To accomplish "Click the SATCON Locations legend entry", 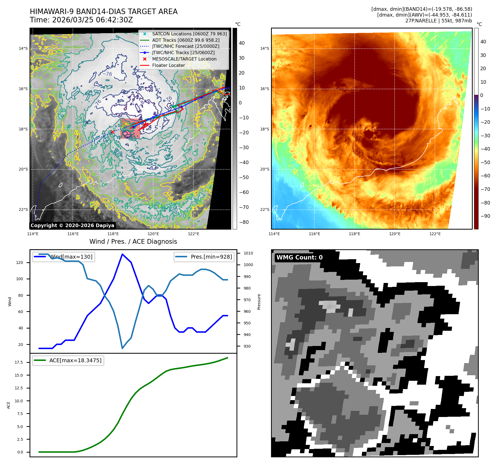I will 189,34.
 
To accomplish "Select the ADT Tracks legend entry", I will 186,40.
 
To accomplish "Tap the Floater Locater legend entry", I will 168,65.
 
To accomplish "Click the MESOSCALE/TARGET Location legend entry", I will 184,59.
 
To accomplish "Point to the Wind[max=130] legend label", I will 71,257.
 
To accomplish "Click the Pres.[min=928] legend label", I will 211,257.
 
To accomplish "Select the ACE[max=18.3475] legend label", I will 75,360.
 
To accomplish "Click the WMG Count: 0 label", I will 299,258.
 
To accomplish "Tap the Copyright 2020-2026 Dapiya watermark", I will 72,225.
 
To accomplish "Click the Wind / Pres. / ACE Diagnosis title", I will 133,242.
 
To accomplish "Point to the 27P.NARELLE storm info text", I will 438,21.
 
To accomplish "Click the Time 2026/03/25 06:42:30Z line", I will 81,20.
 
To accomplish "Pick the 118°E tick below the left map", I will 113,234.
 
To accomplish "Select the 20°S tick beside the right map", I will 264,169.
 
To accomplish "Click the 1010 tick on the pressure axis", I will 248,253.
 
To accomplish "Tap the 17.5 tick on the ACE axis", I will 19,362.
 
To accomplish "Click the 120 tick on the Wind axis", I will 20,263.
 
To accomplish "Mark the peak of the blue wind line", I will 122,254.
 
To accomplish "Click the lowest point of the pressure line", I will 122,348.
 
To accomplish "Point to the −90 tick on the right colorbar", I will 485,216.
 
